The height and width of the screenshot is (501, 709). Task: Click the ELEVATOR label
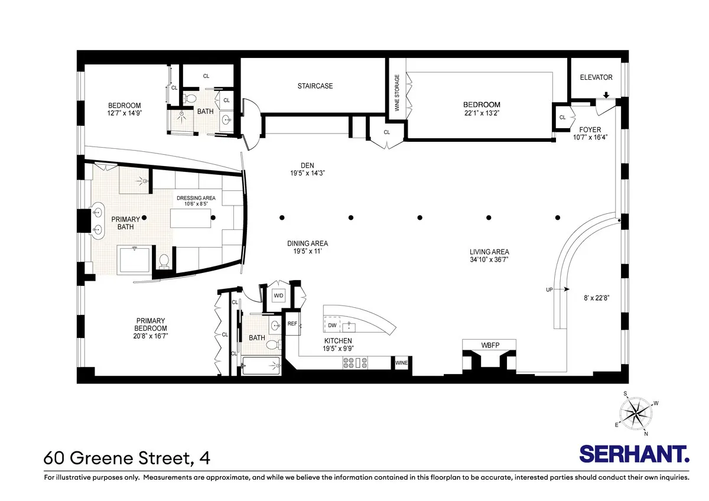[x=596, y=77]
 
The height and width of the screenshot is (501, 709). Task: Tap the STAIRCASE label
[x=315, y=86]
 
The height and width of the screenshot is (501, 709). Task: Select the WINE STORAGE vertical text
[x=397, y=92]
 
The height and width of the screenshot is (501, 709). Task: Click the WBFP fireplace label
[x=489, y=344]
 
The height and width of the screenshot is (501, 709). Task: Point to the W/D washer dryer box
[x=278, y=296]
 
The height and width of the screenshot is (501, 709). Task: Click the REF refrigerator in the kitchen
[x=292, y=324]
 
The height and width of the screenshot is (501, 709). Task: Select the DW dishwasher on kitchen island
[x=332, y=325]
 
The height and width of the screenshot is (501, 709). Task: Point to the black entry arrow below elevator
[x=606, y=95]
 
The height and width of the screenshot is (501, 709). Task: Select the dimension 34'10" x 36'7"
[x=489, y=259]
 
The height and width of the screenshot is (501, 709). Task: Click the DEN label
[x=306, y=165]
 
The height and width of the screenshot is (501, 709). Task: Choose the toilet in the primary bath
[x=163, y=260]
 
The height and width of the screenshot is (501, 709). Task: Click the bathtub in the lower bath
[x=261, y=365]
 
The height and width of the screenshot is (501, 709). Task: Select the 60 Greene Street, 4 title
[x=126, y=457]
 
